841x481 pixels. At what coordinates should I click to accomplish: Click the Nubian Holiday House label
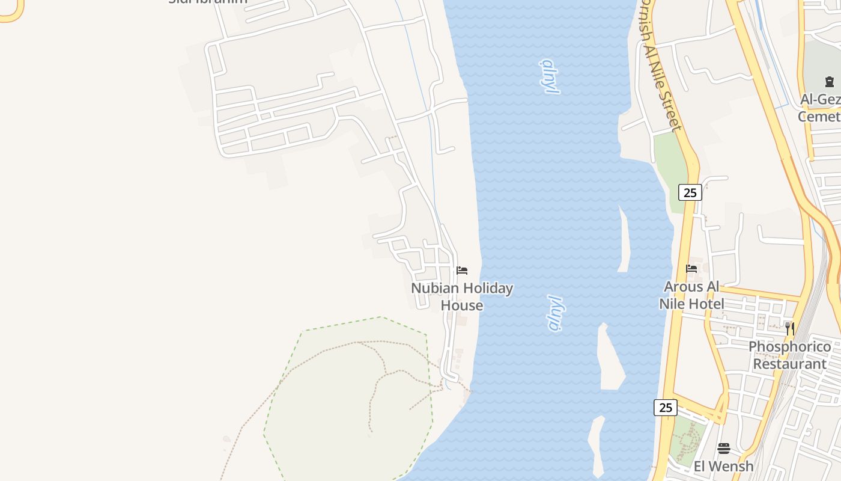click(462, 297)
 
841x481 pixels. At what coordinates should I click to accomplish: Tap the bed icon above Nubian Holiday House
click(462, 271)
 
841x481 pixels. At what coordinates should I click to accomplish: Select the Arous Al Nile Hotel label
click(691, 295)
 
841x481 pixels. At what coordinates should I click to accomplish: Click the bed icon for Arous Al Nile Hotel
click(691, 269)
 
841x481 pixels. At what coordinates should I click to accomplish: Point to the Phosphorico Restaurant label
click(789, 355)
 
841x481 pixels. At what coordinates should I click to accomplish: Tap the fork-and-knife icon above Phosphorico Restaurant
click(790, 328)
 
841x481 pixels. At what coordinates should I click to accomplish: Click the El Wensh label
click(723, 466)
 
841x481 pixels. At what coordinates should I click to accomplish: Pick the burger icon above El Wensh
click(724, 449)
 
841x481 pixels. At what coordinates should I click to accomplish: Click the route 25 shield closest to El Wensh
click(666, 408)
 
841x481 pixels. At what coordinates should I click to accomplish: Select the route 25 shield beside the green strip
click(690, 192)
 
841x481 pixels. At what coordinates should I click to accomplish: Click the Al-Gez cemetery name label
click(821, 108)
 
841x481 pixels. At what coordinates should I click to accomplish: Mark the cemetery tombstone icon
click(830, 82)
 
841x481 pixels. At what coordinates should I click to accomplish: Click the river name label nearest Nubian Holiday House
click(556, 313)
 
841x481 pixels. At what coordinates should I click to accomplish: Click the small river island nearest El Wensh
click(596, 445)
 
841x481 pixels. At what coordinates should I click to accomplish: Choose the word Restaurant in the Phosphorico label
click(789, 364)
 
